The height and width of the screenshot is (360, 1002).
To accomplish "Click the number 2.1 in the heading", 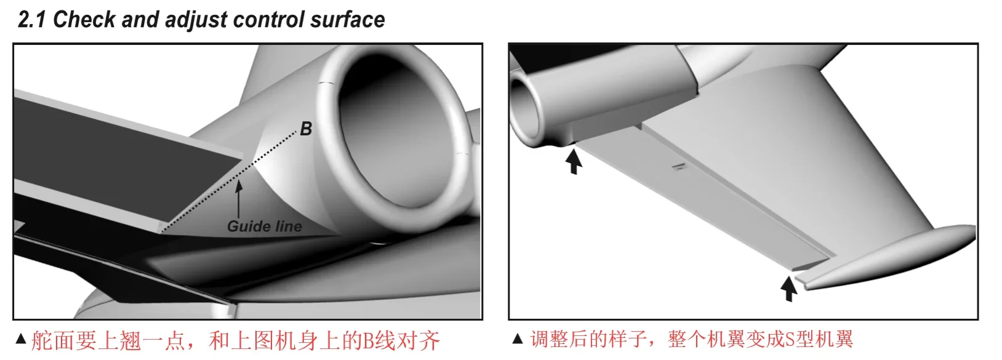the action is click(33, 20).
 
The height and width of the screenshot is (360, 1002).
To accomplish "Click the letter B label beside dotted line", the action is click(306, 129).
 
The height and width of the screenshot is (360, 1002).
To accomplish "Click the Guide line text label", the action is click(265, 226).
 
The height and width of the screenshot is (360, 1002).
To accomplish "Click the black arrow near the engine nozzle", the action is click(574, 161).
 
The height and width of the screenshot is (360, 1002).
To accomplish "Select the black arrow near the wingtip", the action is click(788, 289).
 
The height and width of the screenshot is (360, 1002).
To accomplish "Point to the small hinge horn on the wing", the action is click(678, 166).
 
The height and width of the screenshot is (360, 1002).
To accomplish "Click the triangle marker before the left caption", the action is click(20, 338).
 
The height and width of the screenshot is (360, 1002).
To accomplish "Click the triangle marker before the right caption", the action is click(518, 338).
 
